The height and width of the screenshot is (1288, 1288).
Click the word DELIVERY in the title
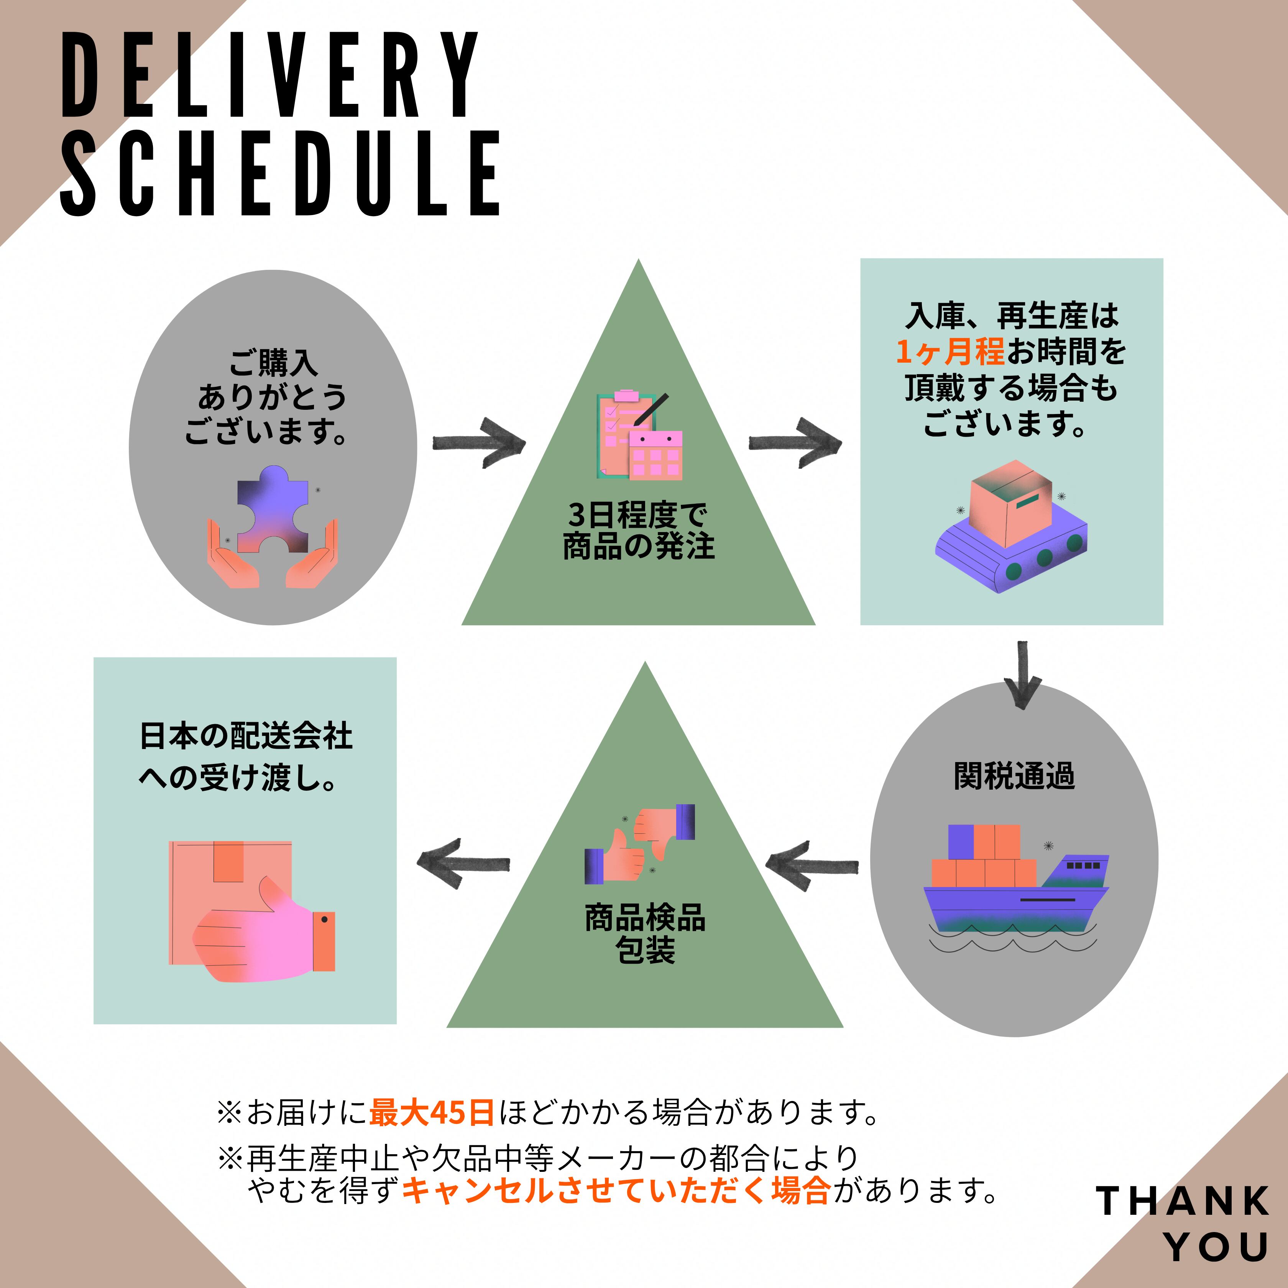(269, 75)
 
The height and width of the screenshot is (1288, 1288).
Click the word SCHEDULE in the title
(280, 173)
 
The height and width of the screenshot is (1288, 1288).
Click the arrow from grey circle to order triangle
(479, 443)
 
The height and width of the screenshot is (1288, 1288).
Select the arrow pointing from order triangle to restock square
(795, 443)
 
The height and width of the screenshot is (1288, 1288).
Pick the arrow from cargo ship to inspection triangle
(812, 865)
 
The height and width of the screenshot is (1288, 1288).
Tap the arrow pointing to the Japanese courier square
(463, 863)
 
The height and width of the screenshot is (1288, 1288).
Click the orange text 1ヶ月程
(950, 352)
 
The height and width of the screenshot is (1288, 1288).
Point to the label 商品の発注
(639, 546)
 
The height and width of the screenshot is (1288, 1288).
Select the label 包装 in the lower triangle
(645, 950)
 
